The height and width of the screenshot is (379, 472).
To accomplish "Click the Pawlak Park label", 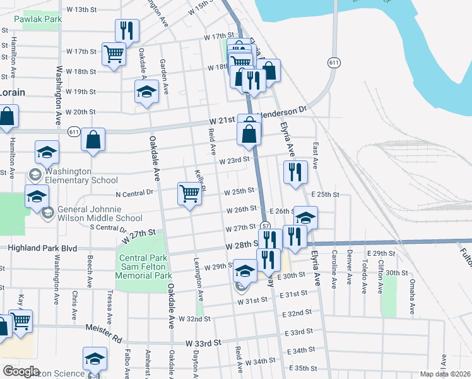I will [x=40, y=20].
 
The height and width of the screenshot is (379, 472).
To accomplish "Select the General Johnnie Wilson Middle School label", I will [x=100, y=214].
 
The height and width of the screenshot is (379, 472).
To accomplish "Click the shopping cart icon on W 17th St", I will [x=114, y=54].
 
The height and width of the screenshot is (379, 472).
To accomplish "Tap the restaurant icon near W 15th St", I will [x=127, y=30].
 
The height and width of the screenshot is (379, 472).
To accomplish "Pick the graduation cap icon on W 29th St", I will [x=245, y=271].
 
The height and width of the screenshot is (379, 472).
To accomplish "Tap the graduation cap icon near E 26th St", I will [x=306, y=219].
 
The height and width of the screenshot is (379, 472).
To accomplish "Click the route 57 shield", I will [x=266, y=226].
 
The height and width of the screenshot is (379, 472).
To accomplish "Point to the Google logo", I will [x=21, y=371].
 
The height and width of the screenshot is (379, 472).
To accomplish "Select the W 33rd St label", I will [x=204, y=342].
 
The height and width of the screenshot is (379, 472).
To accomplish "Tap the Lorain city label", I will [x=13, y=92].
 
